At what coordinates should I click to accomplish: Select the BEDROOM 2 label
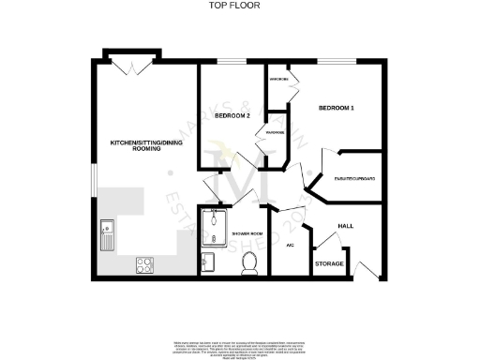[232, 116]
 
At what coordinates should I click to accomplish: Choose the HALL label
[345, 226]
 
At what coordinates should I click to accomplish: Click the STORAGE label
[329, 263]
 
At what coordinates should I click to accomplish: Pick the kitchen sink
[107, 234]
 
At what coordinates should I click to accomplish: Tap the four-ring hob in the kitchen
[145, 264]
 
